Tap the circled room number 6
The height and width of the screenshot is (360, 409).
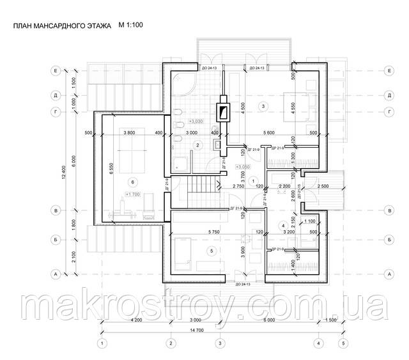tap(132, 180)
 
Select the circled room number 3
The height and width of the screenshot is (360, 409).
tap(263, 105)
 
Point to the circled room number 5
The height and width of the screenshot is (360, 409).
tap(213, 251)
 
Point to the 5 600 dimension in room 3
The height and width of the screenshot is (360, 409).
tap(274, 132)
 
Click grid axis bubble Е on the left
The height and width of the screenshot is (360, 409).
tap(57, 71)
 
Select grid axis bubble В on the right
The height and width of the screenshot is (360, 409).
tap(389, 210)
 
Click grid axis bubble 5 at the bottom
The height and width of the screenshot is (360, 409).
tap(344, 343)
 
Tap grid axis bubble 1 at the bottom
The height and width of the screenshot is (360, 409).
tap(101, 343)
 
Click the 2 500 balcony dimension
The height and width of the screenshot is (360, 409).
tap(323, 186)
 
